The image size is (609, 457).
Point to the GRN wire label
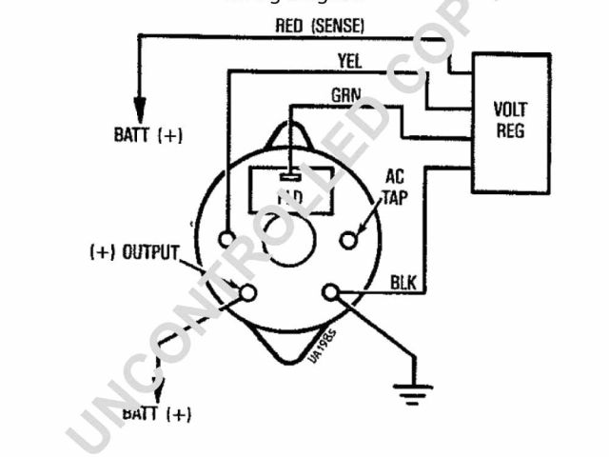(345, 96)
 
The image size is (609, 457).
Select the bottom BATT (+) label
(158, 413)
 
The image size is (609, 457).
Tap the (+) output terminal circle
(247, 292)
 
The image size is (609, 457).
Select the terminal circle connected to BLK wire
(331, 292)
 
